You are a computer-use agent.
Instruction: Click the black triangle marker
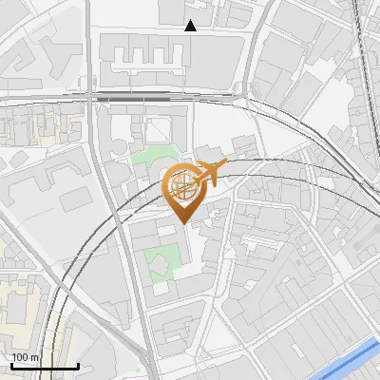pyautogui.click(x=191, y=26)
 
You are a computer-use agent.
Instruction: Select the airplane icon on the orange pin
pyautogui.click(x=211, y=174)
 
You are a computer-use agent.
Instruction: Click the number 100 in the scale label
pyautogui.click(x=22, y=357)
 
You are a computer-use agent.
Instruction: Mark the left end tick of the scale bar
pyautogui.click(x=10, y=365)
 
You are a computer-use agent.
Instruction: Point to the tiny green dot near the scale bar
pyautogui.click(x=138, y=371)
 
